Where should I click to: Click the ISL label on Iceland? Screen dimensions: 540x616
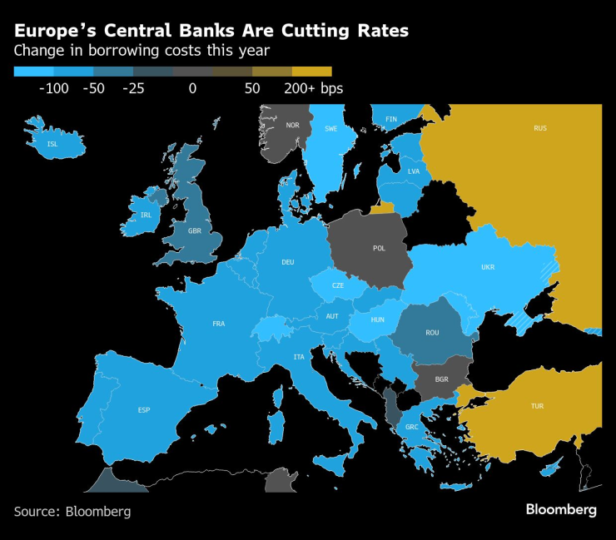53,144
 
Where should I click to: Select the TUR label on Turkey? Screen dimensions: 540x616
537,406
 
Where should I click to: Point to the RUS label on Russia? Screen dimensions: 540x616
540,128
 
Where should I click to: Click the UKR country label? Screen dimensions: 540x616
489,267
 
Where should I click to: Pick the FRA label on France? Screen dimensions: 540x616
219,324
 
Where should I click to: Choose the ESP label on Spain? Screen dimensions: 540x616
144,410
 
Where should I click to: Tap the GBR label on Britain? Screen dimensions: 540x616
195,231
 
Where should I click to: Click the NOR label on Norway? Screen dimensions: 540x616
292,126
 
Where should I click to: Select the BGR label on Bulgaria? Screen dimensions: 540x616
441,379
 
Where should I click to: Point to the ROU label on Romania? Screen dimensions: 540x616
432,333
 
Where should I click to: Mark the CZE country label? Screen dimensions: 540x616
338,285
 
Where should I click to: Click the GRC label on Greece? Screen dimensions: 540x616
411,428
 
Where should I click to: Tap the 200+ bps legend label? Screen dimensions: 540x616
314,88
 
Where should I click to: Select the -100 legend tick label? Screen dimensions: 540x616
53,88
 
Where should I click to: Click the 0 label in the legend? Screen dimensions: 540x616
192,88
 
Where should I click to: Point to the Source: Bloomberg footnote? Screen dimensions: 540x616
72,512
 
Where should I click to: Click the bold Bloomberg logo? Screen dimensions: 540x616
561,510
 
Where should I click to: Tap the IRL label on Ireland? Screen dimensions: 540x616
147,215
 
